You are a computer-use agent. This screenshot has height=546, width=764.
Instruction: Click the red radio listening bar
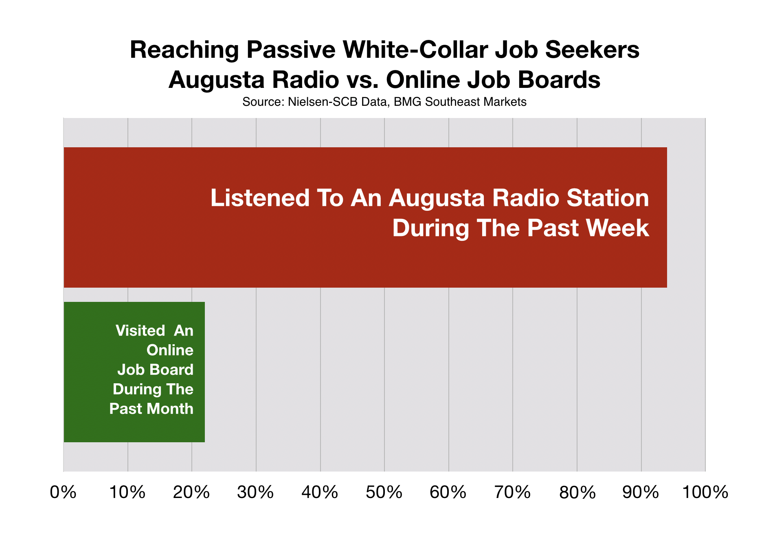[365, 217]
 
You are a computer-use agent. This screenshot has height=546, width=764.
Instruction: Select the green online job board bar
[134, 372]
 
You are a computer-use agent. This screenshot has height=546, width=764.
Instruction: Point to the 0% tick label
[63, 493]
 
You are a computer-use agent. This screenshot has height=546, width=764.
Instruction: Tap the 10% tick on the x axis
[127, 493]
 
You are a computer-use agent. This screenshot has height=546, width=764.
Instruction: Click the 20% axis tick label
[191, 493]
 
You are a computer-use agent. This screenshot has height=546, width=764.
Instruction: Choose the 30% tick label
[256, 493]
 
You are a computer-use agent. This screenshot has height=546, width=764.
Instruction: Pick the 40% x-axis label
[320, 493]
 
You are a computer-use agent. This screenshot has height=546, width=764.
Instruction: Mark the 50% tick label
[384, 493]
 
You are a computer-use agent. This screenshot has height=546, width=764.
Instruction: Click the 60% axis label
[448, 493]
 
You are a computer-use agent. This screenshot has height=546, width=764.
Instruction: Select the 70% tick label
[513, 493]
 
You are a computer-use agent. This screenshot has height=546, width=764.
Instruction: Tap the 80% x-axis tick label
[577, 493]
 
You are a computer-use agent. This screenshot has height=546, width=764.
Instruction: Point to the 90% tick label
[641, 493]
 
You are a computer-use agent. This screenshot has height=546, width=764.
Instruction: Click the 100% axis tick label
[705, 493]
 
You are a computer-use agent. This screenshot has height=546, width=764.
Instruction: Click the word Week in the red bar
[618, 228]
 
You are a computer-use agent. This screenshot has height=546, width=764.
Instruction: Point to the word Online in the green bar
[170, 350]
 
